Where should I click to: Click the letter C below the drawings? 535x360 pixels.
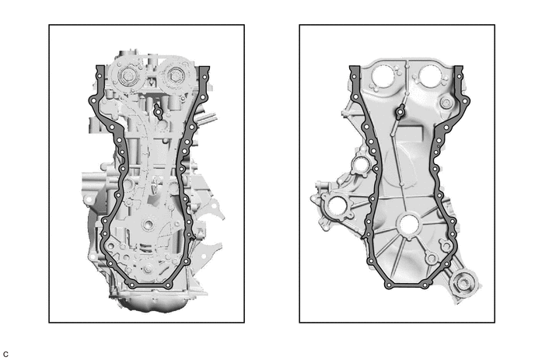tap(5, 355)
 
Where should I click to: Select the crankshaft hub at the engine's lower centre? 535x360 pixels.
tap(149, 224)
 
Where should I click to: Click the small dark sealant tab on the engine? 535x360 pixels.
tap(158, 112)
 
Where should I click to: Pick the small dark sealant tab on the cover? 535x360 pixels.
tap(400, 112)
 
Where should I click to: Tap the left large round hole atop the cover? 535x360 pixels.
tap(383, 75)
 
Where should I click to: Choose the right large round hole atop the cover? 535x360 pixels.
tap(430, 75)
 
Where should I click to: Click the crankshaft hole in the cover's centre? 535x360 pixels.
tap(408, 225)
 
